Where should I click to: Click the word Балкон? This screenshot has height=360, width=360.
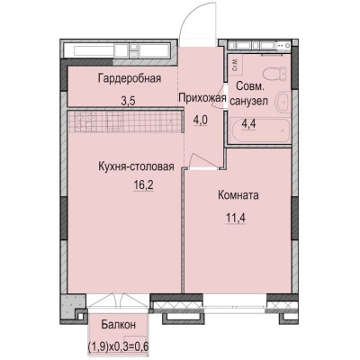[x=118, y=324]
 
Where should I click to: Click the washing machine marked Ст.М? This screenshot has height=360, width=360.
[x=236, y=62]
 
